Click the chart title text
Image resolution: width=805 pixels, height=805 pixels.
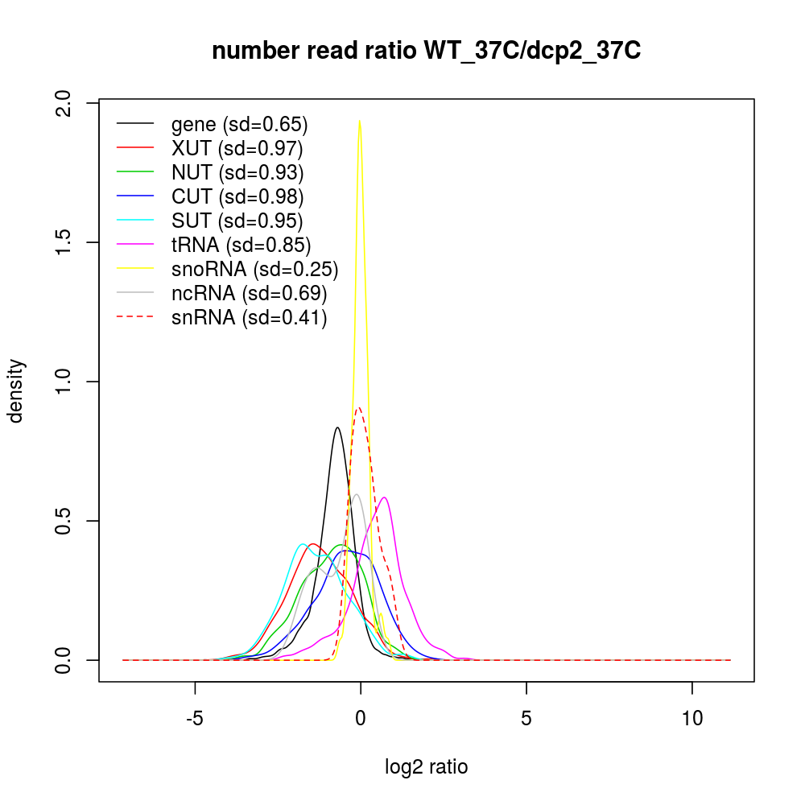coord(426,52)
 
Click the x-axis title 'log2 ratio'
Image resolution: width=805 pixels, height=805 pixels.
coord(426,766)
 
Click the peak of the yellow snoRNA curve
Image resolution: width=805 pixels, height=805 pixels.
coord(359,121)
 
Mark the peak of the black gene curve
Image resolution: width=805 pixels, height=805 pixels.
coord(337,427)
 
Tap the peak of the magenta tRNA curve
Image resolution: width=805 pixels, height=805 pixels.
coord(386,497)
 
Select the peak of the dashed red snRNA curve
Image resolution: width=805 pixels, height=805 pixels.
coord(359,407)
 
